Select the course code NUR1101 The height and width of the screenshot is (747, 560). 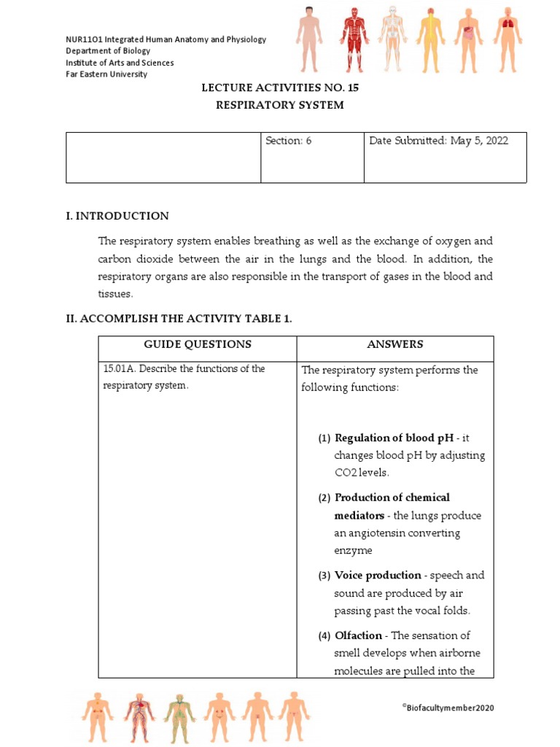coord(85,39)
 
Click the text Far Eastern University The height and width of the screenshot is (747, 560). coord(106,74)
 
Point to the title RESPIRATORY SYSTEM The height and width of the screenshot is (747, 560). coord(279,105)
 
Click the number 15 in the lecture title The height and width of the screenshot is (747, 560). coord(352,88)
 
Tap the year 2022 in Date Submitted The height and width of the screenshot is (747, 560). coord(494,141)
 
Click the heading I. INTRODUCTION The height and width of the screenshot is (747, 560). coord(117,216)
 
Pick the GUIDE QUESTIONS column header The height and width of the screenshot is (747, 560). coord(198,344)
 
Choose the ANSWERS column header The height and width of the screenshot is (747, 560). coord(394,344)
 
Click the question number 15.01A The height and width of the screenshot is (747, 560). coord(119,368)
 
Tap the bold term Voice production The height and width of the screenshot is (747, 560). coord(378,575)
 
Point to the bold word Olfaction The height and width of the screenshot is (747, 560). coord(359,635)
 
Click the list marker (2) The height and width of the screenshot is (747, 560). coord(324,498)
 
